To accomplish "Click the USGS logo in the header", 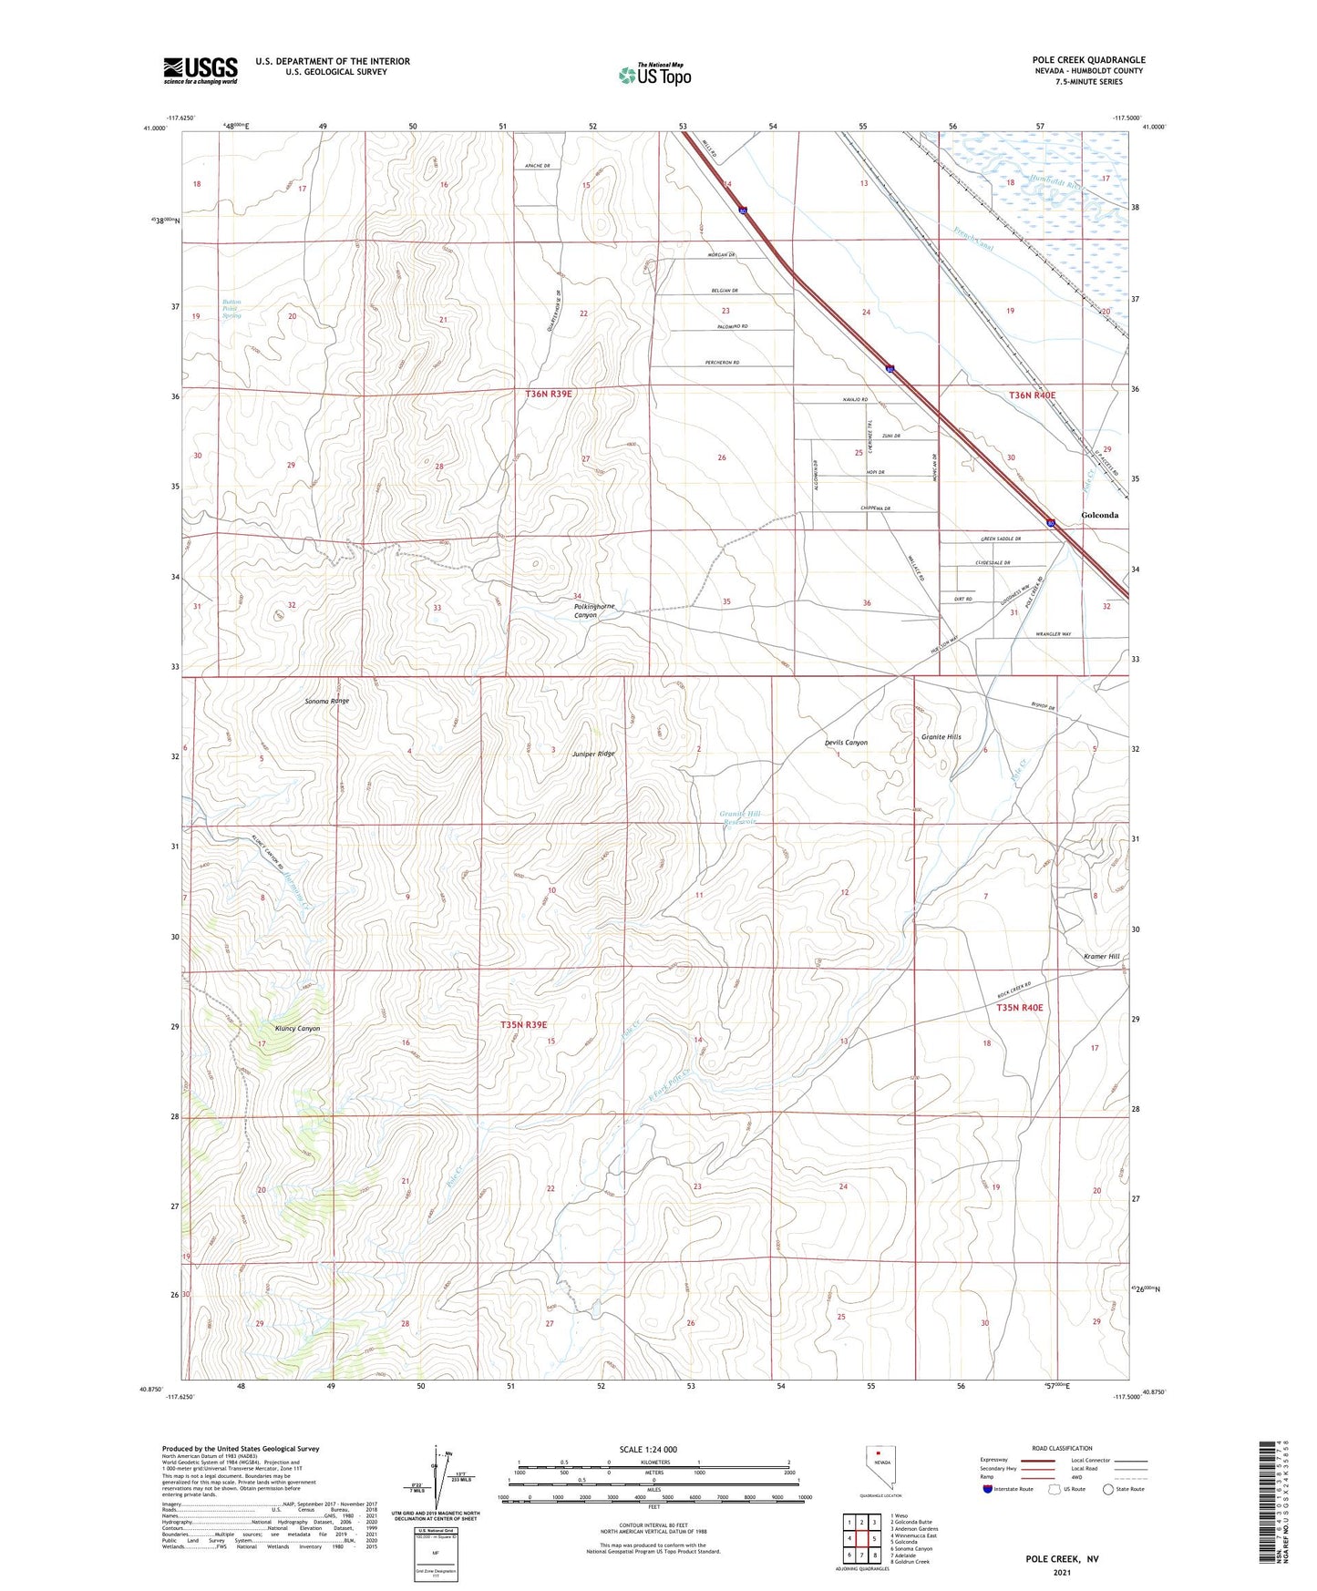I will (201, 70).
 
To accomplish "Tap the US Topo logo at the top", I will (653, 74).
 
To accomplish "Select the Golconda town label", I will (1099, 515).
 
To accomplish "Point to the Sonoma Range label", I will (326, 702).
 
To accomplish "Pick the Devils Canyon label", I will (846, 743).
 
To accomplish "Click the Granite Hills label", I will (941, 736).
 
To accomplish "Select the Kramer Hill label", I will (1101, 957).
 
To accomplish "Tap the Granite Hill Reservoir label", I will (739, 817).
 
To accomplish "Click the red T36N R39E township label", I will (548, 394).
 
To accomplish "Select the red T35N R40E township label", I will (1019, 1008).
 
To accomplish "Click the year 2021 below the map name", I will (1061, 1574).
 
